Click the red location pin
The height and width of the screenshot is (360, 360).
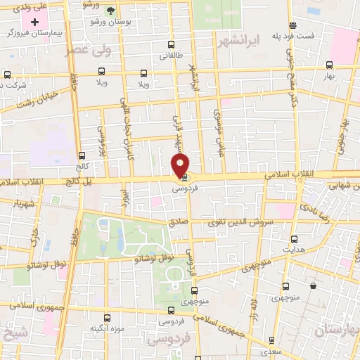pyautogui.click(x=181, y=166)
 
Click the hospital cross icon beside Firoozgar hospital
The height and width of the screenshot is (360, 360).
pyautogui.click(x=34, y=22)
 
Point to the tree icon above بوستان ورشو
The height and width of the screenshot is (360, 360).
pyautogui.click(x=110, y=10)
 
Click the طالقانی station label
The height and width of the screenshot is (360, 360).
pyautogui.click(x=172, y=55)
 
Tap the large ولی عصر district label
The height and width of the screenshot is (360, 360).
pyautogui.click(x=88, y=51)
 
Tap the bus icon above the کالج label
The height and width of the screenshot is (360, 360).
pyautogui.click(x=82, y=156)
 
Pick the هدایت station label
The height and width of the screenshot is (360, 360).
pyautogui.click(x=291, y=250)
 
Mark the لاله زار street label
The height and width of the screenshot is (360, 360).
pyautogui.click(x=255, y=309)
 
